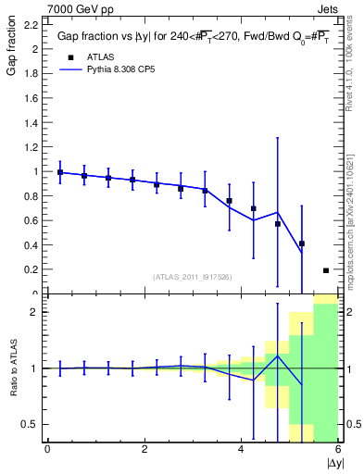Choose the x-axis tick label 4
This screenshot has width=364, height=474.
(x=242, y=449)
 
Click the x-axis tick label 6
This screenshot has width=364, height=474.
(x=338, y=449)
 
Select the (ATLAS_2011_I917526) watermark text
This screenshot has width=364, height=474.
(x=193, y=276)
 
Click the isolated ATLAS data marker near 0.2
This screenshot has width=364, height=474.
(x=326, y=270)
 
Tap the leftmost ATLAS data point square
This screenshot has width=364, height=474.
(x=60, y=172)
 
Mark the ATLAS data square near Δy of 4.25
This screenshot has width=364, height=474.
(x=254, y=208)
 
